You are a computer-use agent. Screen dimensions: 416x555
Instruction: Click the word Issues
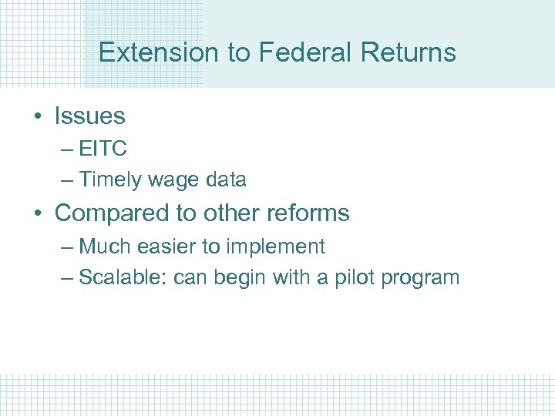[x=89, y=116]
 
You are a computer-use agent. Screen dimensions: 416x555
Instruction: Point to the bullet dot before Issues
[x=38, y=117]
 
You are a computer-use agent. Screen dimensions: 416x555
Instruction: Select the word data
[x=224, y=180]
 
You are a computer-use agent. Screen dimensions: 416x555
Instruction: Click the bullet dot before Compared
[x=38, y=213]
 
